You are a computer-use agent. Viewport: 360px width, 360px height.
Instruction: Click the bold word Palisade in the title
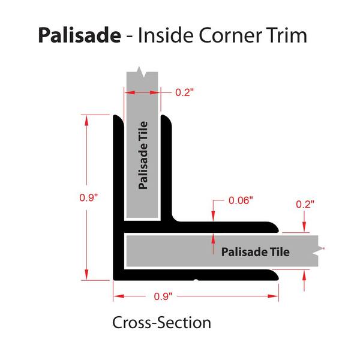79,35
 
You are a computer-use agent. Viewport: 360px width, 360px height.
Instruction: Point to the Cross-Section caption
161,323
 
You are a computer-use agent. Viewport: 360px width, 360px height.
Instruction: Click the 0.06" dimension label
241,200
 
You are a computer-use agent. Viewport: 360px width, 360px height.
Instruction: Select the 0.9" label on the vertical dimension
89,197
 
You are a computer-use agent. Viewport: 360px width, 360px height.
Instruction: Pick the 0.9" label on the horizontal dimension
163,296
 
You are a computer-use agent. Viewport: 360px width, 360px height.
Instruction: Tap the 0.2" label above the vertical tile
185,92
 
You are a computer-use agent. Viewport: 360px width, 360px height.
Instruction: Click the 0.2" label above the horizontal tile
305,205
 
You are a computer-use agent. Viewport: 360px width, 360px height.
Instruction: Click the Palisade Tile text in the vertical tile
143,155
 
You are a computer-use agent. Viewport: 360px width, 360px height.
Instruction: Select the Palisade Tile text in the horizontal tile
256,252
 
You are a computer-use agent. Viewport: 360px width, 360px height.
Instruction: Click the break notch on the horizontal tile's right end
316,251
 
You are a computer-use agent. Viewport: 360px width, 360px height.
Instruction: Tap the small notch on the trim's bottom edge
196,280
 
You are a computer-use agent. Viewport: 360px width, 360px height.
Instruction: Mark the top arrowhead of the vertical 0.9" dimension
86,121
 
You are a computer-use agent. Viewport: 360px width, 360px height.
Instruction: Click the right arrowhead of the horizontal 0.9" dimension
273,296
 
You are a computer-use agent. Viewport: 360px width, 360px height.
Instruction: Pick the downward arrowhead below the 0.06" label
213,216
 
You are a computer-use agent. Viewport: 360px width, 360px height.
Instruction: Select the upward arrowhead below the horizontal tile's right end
304,275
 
